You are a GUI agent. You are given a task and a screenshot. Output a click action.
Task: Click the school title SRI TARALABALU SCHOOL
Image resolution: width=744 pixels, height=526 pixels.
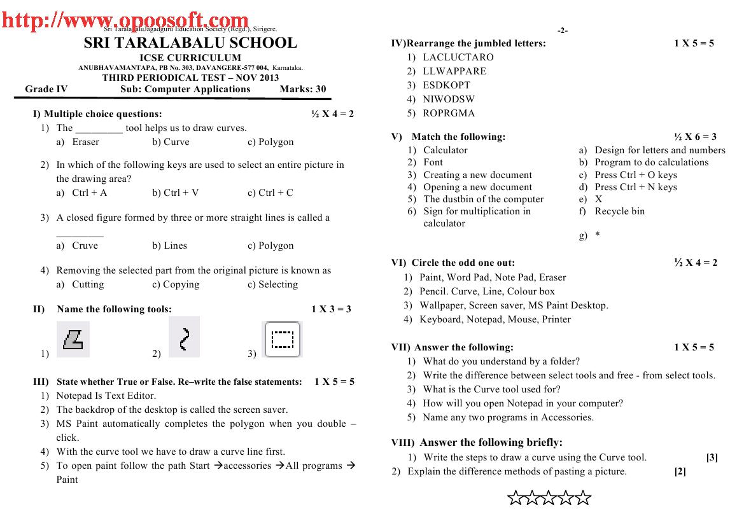[190, 43]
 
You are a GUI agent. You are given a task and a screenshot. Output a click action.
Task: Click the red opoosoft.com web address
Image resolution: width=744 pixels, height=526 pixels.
[125, 22]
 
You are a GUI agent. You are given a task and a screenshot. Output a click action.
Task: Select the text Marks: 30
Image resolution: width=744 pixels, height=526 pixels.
[303, 89]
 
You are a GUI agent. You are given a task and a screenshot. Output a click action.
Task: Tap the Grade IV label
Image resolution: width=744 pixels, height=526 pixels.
[46, 89]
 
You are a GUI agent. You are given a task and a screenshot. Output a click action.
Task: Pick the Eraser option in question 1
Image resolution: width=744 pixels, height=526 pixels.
[85, 142]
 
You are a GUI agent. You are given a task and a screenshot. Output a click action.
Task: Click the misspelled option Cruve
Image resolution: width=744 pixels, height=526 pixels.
[85, 246]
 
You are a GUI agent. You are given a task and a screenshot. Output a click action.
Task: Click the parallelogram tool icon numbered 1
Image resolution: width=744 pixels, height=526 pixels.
[73, 340]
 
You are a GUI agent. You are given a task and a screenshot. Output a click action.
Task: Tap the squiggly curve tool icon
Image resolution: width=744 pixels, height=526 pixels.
[184, 338]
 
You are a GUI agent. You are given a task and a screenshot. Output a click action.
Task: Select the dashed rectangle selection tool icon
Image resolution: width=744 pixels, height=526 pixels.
[282, 340]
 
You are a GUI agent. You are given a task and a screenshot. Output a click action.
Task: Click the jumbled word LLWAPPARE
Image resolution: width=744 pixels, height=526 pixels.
[454, 71]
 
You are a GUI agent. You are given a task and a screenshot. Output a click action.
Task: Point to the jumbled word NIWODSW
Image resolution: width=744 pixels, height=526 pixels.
[449, 99]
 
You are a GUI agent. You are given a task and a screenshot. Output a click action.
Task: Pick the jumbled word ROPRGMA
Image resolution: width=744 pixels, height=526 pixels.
[449, 113]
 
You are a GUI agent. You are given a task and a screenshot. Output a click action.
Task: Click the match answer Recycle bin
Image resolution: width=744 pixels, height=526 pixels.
[619, 211]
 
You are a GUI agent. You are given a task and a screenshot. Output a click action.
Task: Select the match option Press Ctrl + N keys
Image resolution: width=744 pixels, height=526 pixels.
[636, 187]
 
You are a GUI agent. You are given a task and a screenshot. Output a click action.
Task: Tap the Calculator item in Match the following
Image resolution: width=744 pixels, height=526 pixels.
[446, 150]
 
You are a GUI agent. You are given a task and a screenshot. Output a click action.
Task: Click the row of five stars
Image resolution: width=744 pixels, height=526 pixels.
[549, 498]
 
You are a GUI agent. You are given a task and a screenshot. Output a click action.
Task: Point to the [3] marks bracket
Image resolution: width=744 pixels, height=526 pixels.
[712, 457]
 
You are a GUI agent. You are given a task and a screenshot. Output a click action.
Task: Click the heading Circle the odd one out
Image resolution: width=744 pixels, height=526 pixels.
[463, 263]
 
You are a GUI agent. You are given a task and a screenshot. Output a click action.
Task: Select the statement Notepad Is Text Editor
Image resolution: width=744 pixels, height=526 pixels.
[106, 396]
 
